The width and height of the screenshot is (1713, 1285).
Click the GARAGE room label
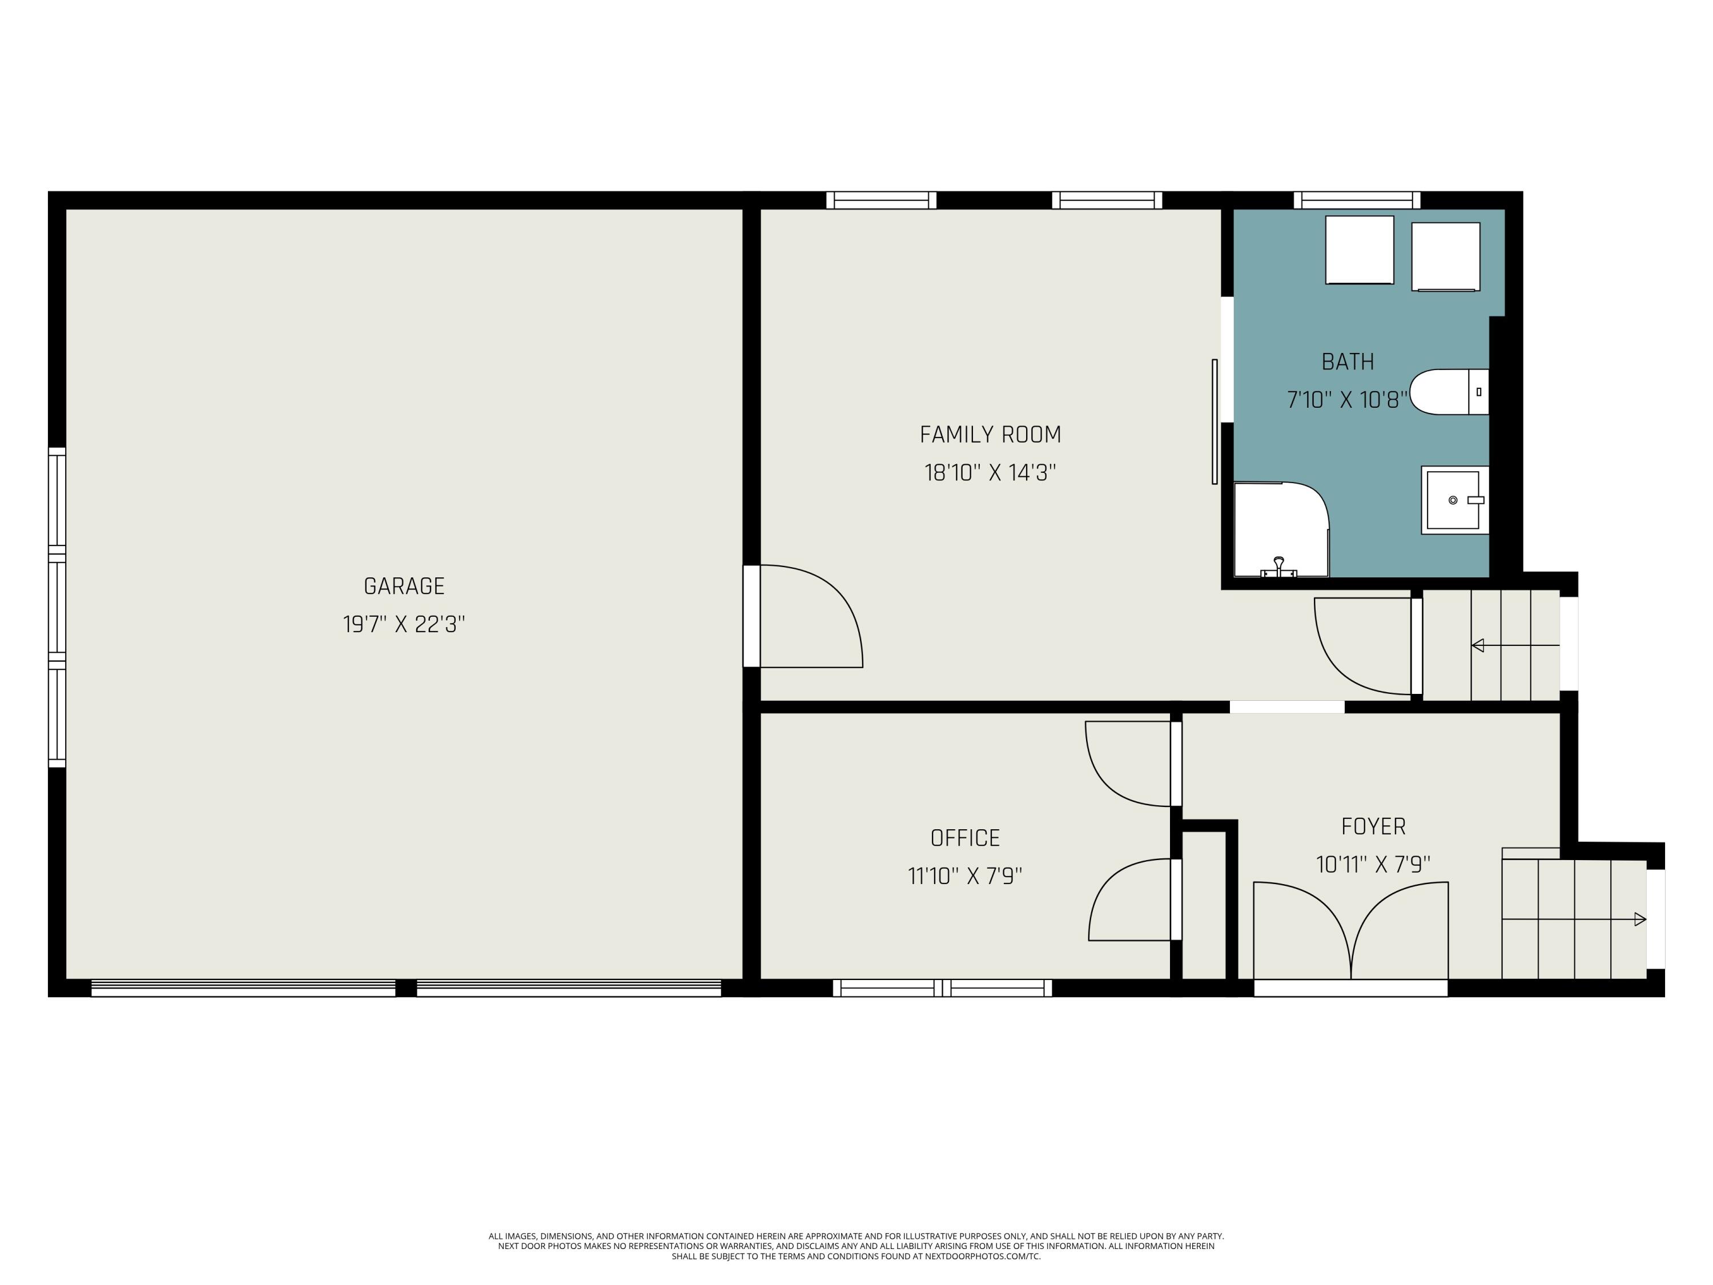(x=404, y=587)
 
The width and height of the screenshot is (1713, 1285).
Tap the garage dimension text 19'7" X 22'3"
(x=404, y=624)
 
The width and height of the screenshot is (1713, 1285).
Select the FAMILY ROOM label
(x=991, y=435)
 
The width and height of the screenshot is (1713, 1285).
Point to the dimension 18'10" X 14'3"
(x=991, y=472)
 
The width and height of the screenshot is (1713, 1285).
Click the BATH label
(x=1348, y=362)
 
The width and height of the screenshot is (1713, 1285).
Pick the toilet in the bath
(x=1449, y=392)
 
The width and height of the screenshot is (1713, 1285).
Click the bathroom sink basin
(x=1454, y=500)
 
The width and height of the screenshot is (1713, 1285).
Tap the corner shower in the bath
(x=1282, y=530)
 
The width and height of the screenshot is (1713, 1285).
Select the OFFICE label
(x=965, y=838)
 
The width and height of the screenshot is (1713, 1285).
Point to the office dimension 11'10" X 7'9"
(x=965, y=876)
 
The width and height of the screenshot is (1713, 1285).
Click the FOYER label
(x=1374, y=826)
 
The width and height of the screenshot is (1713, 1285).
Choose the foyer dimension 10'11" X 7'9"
(x=1374, y=865)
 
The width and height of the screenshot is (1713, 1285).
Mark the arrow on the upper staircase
(x=1515, y=645)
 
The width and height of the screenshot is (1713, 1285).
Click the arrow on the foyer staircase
(x=1574, y=919)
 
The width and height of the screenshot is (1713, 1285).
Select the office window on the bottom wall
(x=943, y=987)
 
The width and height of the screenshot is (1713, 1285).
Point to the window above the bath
(x=1357, y=200)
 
